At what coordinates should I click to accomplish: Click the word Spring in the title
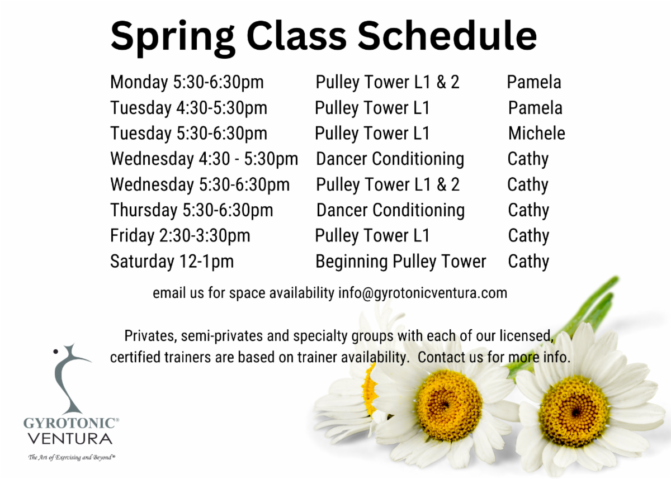172,37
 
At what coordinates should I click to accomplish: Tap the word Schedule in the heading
447,35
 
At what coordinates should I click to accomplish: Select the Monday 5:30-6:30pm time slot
187,82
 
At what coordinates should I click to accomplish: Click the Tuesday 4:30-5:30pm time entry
189,108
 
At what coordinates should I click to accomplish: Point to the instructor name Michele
536,133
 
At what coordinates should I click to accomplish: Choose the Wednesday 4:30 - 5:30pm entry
204,159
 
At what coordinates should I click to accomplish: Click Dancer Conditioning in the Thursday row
390,210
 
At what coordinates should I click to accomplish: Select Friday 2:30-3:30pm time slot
180,236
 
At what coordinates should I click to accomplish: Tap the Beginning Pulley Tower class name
400,262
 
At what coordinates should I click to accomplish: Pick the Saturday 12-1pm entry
172,262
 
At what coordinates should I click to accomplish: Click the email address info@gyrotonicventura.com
423,293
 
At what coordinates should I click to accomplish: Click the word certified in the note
135,357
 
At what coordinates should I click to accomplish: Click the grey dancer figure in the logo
68,379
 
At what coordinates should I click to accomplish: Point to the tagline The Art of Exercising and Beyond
72,457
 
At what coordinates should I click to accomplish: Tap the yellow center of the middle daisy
448,405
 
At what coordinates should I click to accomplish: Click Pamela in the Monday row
534,82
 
